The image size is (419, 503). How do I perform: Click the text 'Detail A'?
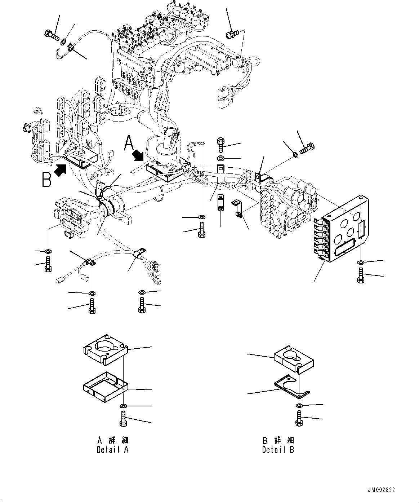pyautogui.click(x=112, y=450)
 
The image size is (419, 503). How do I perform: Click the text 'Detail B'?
pyautogui.click(x=278, y=450)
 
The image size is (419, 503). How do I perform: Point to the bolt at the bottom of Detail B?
pyautogui.click(x=299, y=419)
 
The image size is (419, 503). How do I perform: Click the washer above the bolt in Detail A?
pyautogui.click(x=123, y=406)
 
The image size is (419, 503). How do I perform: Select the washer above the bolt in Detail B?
pyautogui.click(x=299, y=406)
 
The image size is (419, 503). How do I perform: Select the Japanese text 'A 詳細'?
pyautogui.click(x=113, y=440)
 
